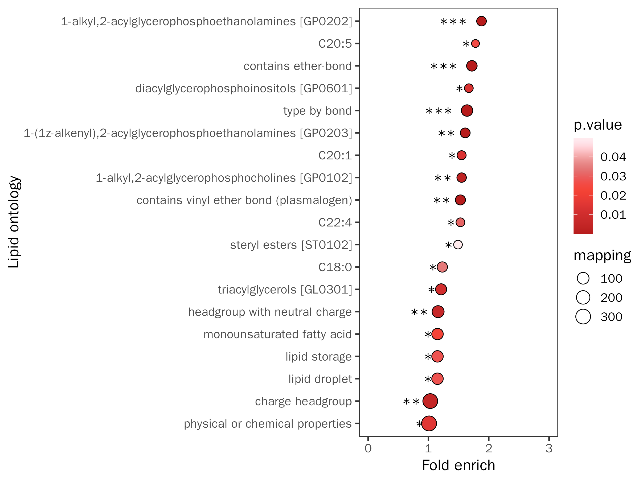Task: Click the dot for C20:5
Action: [475, 44]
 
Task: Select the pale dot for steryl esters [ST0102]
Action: [458, 245]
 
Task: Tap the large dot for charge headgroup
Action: [430, 401]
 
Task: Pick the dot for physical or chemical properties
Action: [429, 424]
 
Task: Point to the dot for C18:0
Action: [442, 267]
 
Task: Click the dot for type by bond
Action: [467, 111]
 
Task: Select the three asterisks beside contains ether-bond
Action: [443, 67]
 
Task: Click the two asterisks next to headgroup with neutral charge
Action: [419, 312]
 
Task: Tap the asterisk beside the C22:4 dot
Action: [451, 223]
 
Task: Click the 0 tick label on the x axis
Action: [368, 448]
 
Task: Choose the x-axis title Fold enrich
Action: [458, 465]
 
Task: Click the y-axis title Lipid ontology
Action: [14, 222]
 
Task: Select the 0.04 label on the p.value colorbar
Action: [613, 157]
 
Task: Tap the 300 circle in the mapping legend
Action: [583, 317]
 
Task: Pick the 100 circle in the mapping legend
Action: [583, 278]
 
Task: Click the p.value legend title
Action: [597, 125]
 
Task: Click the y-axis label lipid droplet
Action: [320, 379]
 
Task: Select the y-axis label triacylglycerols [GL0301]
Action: [285, 289]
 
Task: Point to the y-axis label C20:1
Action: [335, 155]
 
